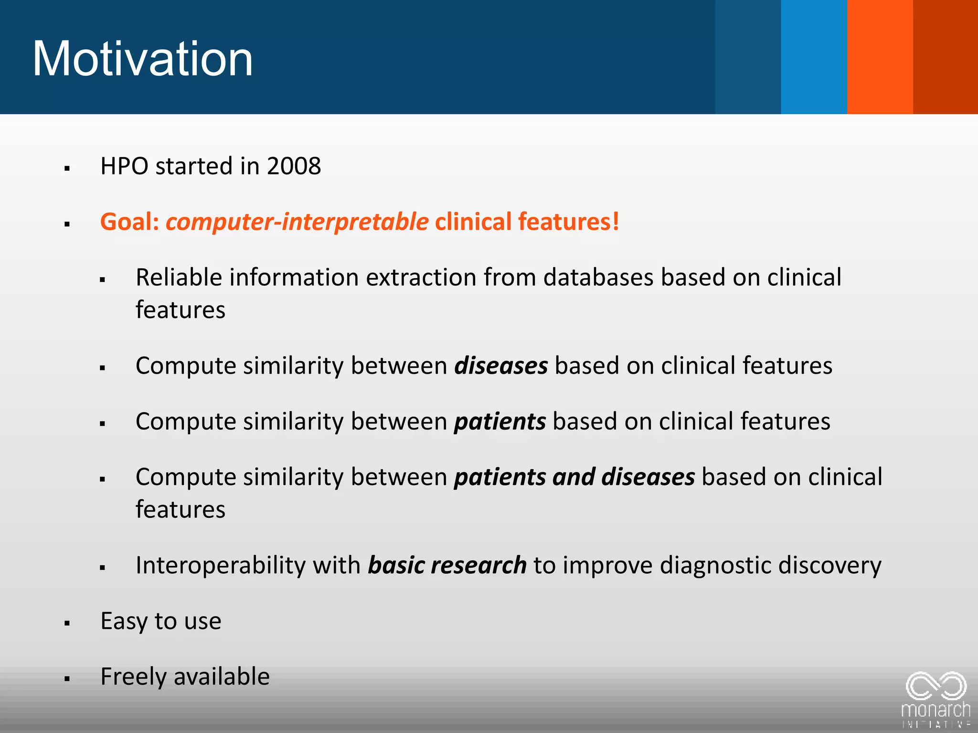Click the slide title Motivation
[142, 59]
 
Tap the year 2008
[294, 166]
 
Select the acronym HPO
[124, 166]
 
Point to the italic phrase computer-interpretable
[297, 222]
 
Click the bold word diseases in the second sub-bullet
[501, 366]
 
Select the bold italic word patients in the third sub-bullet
[500, 422]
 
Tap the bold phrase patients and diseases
[574, 477]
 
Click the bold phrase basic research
[447, 565]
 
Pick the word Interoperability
[223, 565]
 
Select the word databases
[598, 278]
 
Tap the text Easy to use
[161, 621]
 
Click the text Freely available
[185, 677]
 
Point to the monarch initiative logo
[935, 699]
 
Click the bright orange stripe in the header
[880, 57]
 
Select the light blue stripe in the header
[814, 57]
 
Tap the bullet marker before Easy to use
[67, 623]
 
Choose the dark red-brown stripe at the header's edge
[946, 57]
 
